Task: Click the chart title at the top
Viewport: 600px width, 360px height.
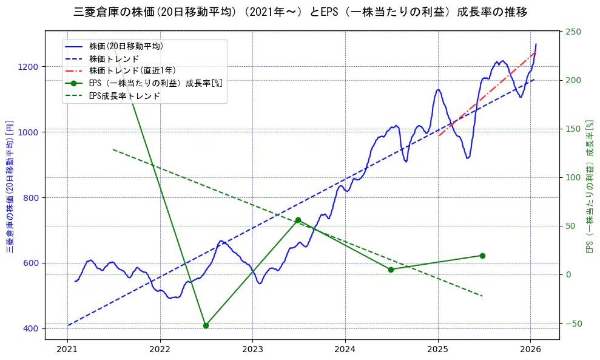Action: [300, 12]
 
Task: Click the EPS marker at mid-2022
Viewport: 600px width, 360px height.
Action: [206, 325]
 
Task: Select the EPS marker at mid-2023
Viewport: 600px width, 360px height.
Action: [298, 220]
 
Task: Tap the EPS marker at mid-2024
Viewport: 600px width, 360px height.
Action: [391, 270]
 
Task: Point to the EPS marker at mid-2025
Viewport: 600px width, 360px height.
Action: [482, 256]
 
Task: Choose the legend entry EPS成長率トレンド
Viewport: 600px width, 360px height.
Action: [124, 96]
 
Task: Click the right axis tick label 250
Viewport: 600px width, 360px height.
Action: [573, 32]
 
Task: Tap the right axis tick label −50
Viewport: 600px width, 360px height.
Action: [573, 324]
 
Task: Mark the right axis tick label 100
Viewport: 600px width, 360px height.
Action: [573, 177]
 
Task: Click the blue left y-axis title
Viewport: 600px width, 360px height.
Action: [10, 185]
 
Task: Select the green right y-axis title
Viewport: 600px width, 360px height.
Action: [588, 185]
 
